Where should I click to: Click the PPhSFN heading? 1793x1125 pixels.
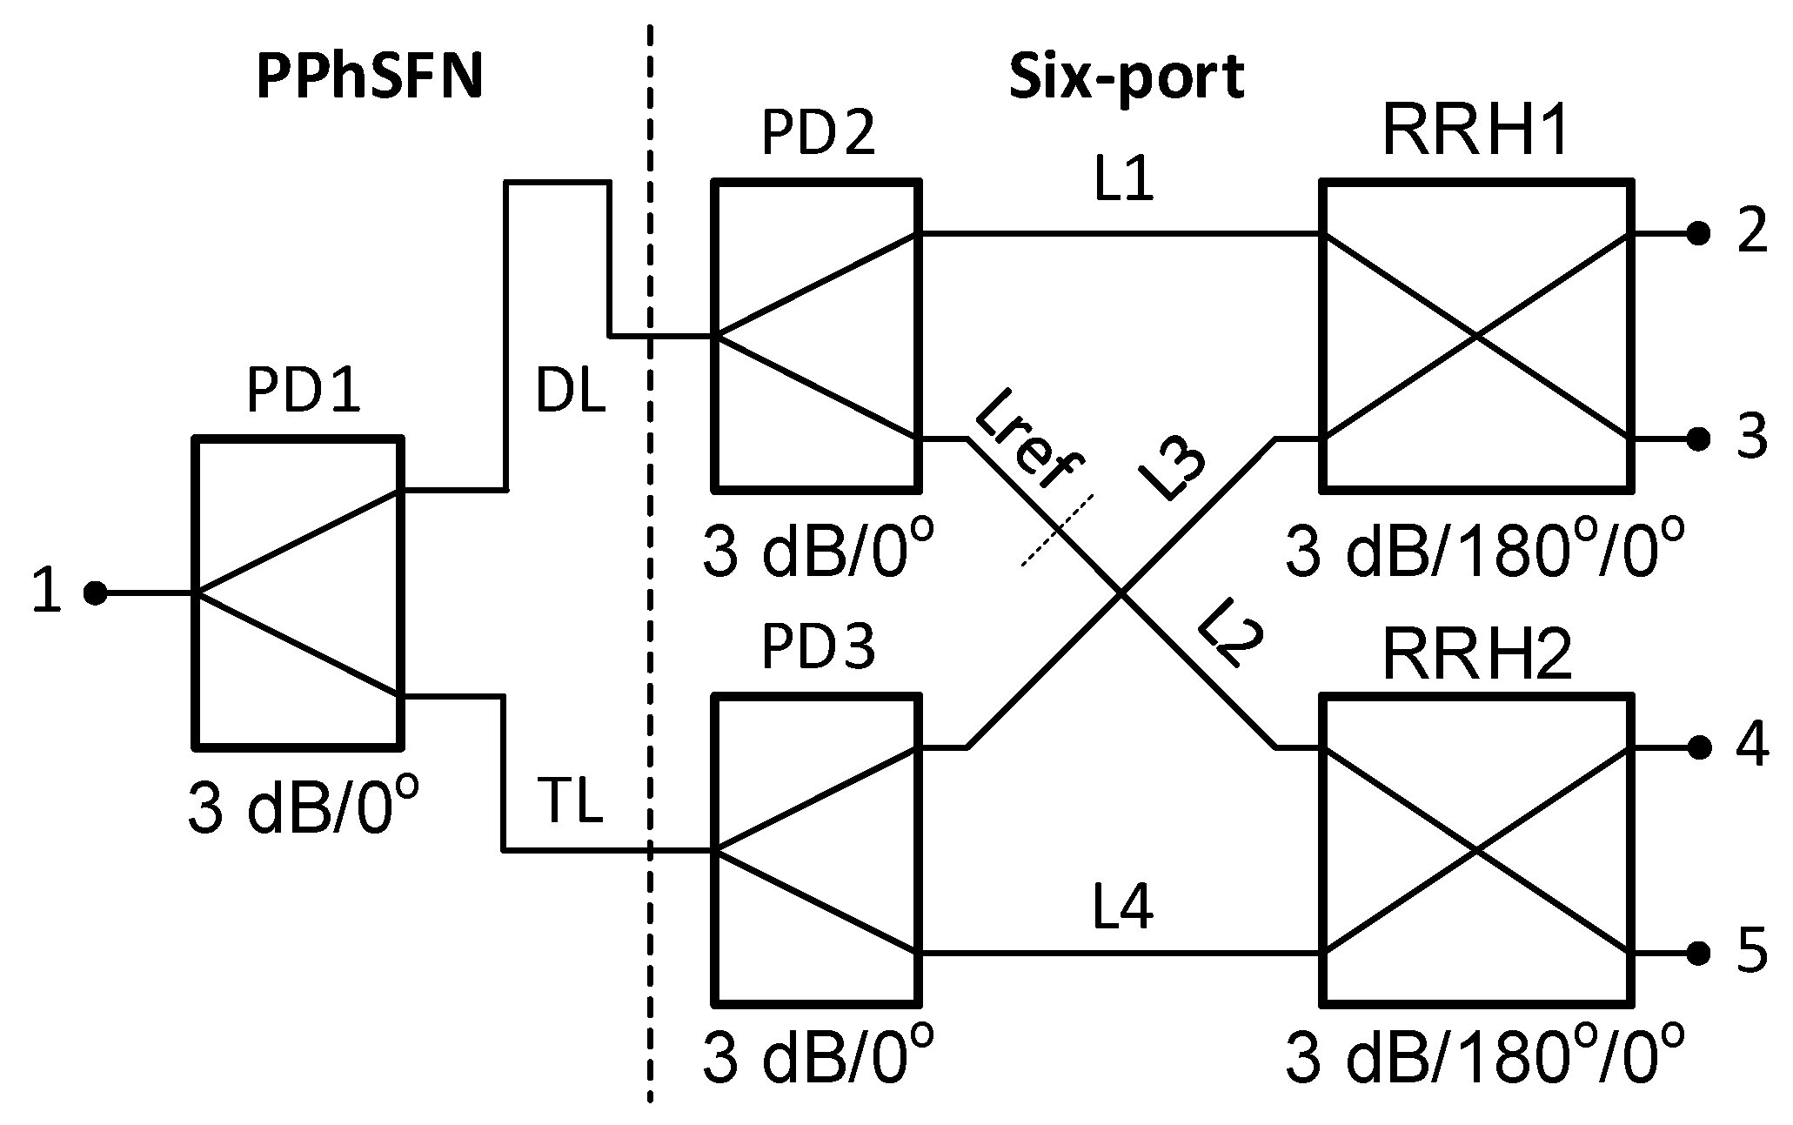coord(369,77)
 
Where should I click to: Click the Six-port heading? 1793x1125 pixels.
coord(1126,77)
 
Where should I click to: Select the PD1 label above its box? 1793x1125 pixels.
coord(303,392)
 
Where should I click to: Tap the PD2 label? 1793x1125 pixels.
coord(818,134)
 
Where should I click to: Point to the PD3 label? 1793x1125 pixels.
coord(818,648)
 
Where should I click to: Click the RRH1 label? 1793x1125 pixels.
coord(1475,132)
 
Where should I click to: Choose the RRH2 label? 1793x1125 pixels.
coord(1477,655)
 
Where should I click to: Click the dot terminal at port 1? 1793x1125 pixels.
coord(95,593)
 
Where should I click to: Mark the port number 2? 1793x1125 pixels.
coord(1752,233)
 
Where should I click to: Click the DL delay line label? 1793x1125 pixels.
coord(570,392)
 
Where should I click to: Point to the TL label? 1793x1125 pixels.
coord(570,802)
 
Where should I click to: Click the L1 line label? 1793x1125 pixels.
coord(1124,182)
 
